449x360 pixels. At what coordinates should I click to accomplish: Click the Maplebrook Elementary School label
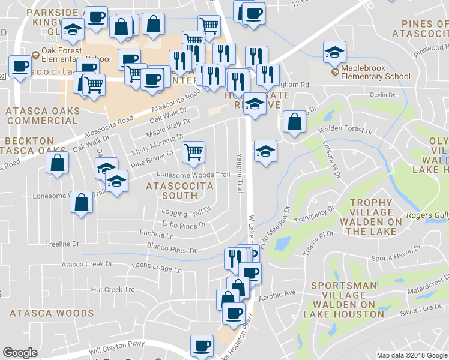click(375, 72)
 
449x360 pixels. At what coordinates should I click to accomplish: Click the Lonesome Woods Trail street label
click(193, 175)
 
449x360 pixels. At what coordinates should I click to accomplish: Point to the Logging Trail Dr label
click(187, 211)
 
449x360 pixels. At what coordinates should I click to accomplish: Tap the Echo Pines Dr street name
click(184, 225)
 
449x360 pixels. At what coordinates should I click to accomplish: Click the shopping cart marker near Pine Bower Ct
click(193, 152)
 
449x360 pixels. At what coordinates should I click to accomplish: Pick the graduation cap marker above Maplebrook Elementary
click(334, 52)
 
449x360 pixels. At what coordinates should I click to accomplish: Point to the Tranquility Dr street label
click(330, 214)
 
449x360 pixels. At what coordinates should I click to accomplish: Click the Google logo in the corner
click(20, 353)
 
